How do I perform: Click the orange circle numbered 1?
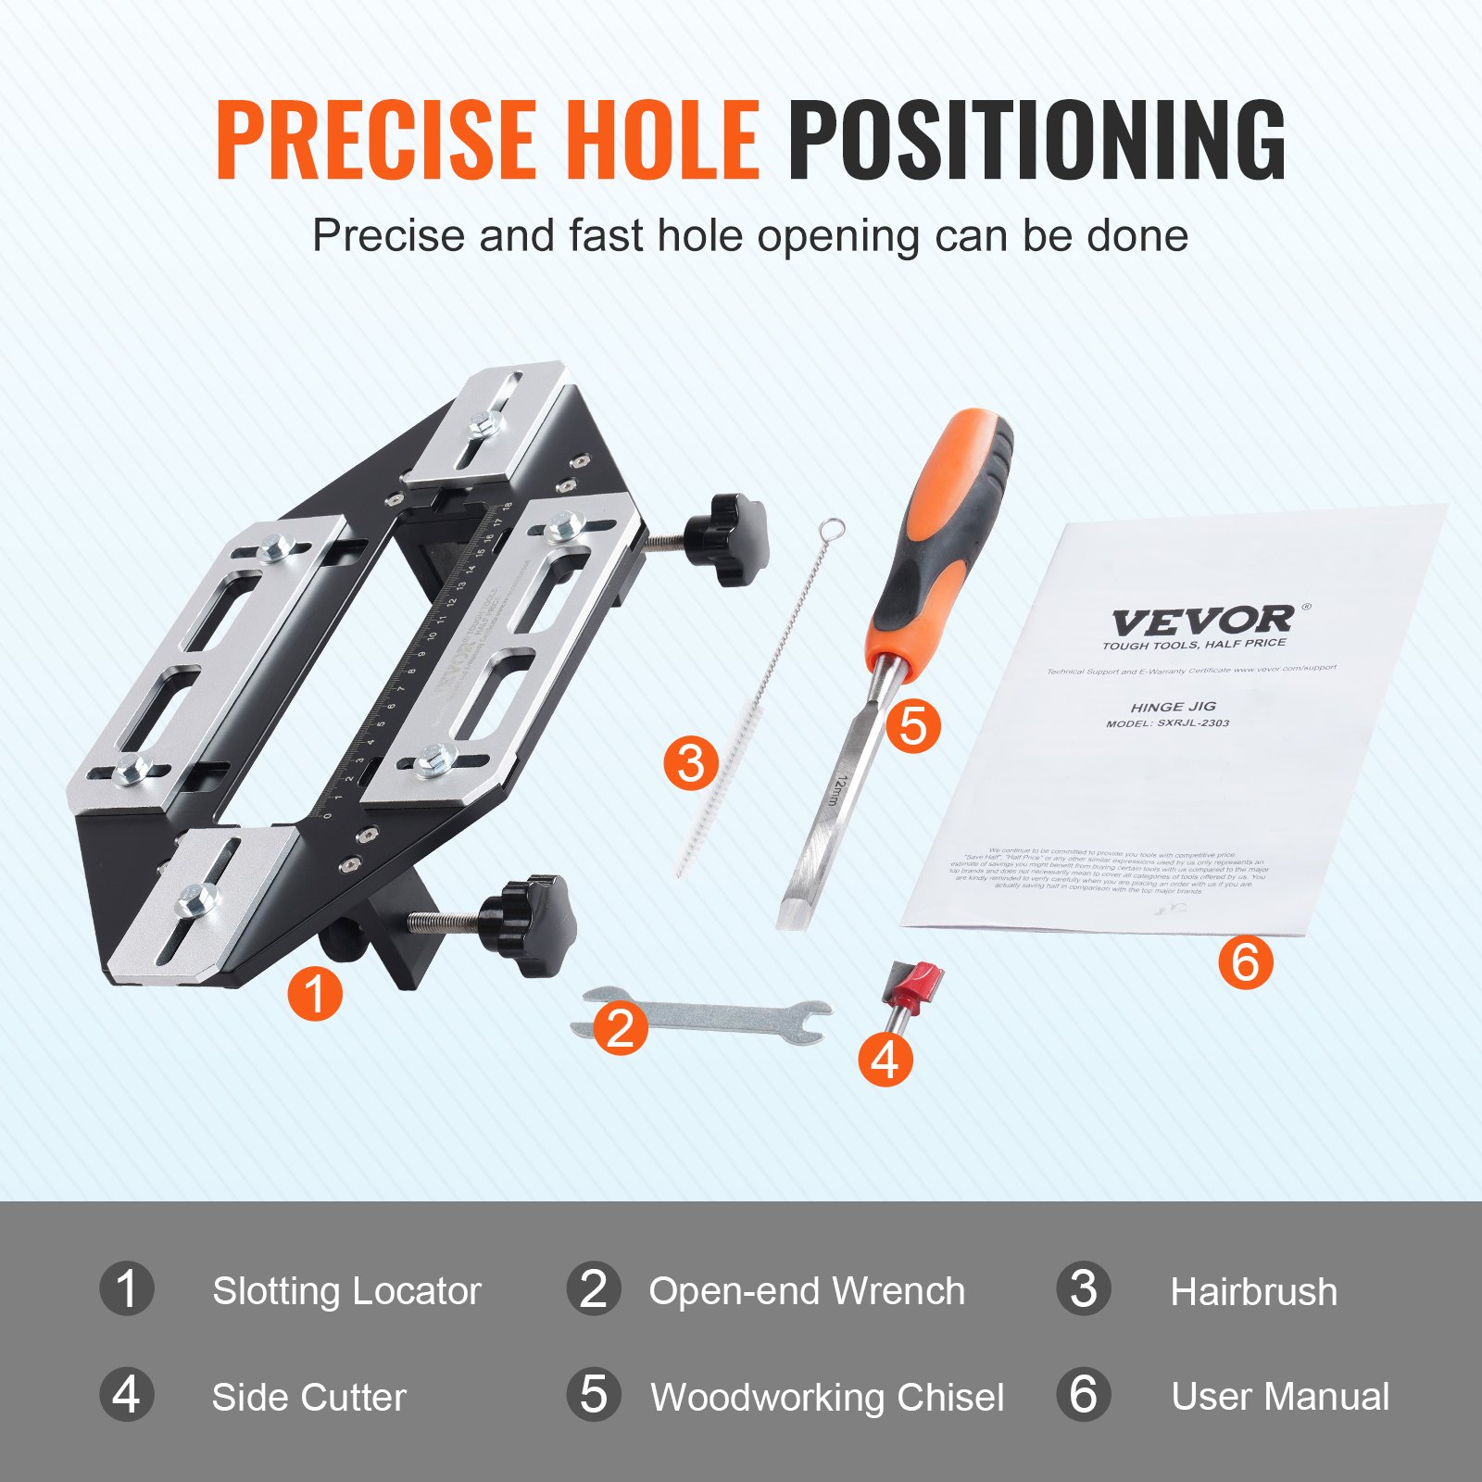click(315, 994)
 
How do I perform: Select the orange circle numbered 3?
click(691, 763)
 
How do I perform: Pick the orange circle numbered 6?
click(1245, 961)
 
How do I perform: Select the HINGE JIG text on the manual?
click(1173, 706)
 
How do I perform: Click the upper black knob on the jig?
click(727, 539)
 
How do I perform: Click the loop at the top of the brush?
click(833, 529)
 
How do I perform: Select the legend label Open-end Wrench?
click(806, 1290)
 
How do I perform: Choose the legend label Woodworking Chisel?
click(826, 1397)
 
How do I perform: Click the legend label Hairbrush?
click(1253, 1291)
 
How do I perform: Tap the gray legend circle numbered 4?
click(127, 1395)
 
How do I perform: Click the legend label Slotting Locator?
click(346, 1290)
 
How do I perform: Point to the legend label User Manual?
click(1279, 1396)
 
